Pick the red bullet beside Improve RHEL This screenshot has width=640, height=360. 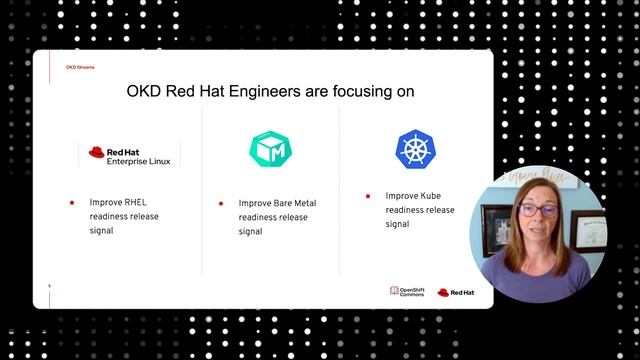71,203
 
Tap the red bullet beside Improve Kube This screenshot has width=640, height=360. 368,197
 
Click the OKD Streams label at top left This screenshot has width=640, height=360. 80,67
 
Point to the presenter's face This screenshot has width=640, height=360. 534,214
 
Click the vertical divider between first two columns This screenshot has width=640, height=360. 202,190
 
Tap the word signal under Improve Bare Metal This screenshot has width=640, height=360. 250,231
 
